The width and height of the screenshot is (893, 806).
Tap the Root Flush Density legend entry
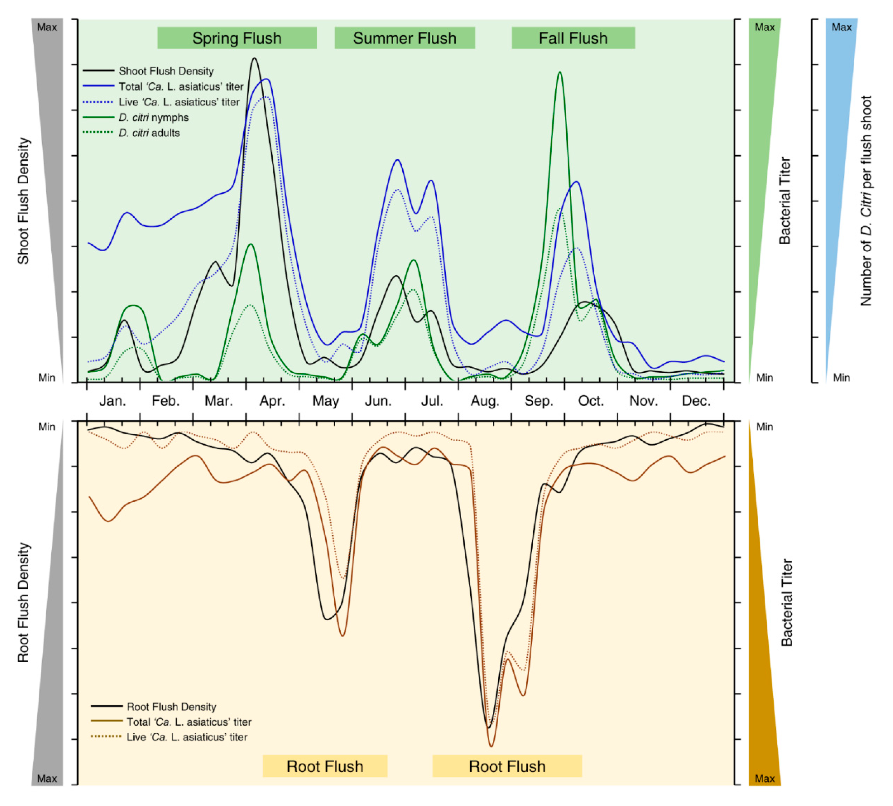pyautogui.click(x=171, y=707)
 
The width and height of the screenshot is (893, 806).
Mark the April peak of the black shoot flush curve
pyautogui.click(x=254, y=58)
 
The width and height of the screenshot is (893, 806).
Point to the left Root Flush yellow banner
pyautogui.click(x=325, y=766)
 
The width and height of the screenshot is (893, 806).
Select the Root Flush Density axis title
pyautogui.click(x=23, y=602)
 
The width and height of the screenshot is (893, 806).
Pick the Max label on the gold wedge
pyautogui.click(x=764, y=778)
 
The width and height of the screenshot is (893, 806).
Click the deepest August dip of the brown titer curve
pyautogui.click(x=491, y=746)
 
